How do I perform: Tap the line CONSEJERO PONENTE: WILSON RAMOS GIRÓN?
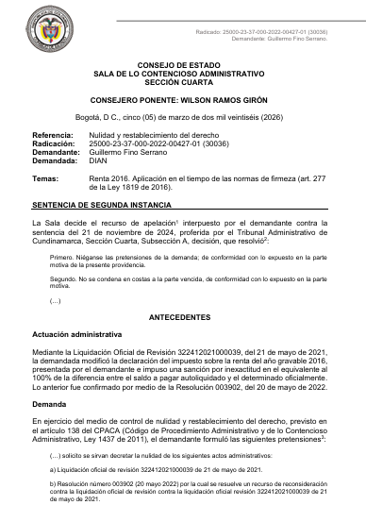[184, 98]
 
